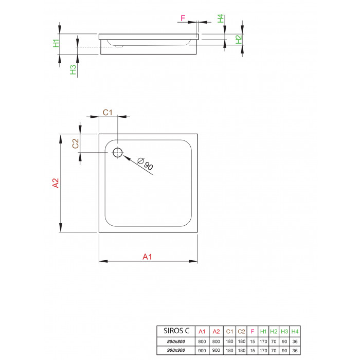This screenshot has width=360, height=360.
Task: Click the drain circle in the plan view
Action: (x=113, y=152)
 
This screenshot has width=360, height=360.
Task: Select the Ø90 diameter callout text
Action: (x=145, y=164)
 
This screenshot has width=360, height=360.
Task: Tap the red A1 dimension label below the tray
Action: (x=147, y=257)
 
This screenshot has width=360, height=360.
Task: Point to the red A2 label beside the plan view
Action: (x=56, y=183)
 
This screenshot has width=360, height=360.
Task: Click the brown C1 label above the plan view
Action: (x=107, y=113)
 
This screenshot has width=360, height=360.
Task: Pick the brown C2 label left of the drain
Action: (x=76, y=143)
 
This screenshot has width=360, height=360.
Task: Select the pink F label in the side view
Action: (x=183, y=18)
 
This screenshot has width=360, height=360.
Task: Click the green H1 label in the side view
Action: (x=56, y=43)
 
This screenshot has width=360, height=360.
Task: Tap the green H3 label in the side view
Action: (x=73, y=69)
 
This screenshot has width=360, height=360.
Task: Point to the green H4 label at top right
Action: (x=221, y=19)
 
